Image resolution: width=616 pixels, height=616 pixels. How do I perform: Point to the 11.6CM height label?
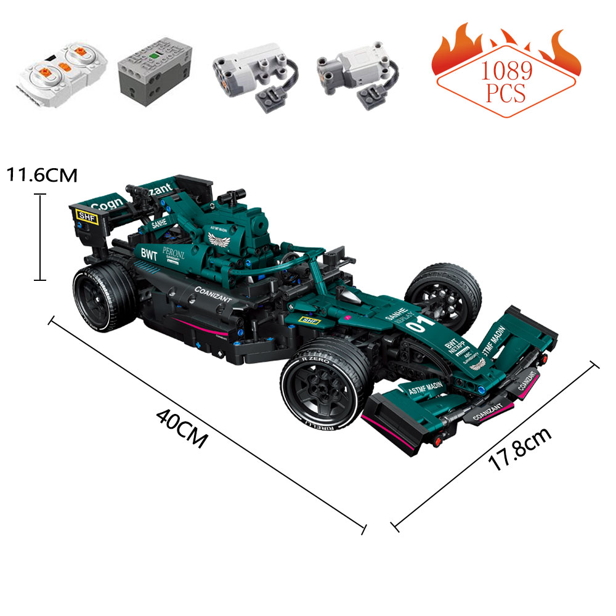[42, 175]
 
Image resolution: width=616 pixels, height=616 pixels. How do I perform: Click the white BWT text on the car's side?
[150, 253]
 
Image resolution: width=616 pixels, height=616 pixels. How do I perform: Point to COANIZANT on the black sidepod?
[213, 294]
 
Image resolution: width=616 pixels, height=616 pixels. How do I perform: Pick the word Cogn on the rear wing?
[107, 204]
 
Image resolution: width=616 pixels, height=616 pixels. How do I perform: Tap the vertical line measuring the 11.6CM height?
[40, 237]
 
